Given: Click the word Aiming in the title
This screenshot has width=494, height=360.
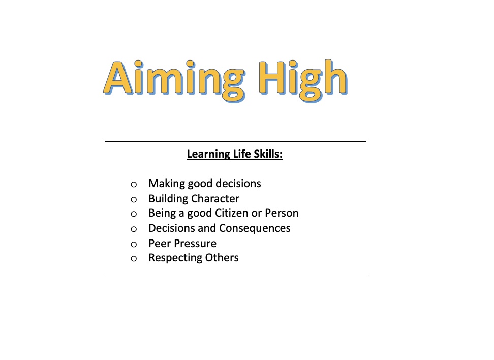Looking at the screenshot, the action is tap(174, 80).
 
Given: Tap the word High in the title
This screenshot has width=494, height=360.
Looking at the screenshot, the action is tap(303, 80).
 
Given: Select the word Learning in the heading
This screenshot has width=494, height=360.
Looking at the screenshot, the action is tap(208, 155).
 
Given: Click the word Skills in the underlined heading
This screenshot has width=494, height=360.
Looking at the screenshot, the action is tap(268, 154).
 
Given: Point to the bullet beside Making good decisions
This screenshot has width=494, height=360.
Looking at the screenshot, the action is tap(134, 185).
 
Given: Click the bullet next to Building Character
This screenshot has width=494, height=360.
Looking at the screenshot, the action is tap(134, 199).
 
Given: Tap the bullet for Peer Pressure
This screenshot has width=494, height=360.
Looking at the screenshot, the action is tap(134, 244).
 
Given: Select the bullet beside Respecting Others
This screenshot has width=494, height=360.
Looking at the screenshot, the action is tap(134, 259).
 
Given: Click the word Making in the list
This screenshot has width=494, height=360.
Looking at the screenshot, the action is tap(167, 184).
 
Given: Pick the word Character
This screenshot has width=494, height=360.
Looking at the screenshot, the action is tap(215, 199).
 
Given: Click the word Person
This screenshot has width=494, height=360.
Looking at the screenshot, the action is tap(282, 213).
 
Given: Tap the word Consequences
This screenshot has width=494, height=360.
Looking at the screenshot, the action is tap(255, 228).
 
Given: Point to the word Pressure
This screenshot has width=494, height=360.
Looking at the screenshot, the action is tap(195, 244).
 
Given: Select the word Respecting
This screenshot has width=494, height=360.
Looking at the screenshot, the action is tap(175, 258).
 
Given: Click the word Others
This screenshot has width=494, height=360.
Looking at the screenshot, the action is tap(222, 258).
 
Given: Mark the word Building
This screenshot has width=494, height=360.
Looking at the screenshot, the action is tap(168, 199).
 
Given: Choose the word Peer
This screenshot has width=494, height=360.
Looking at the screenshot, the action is tap(160, 244).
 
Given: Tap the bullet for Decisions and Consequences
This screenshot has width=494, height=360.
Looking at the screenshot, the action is tap(134, 229).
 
